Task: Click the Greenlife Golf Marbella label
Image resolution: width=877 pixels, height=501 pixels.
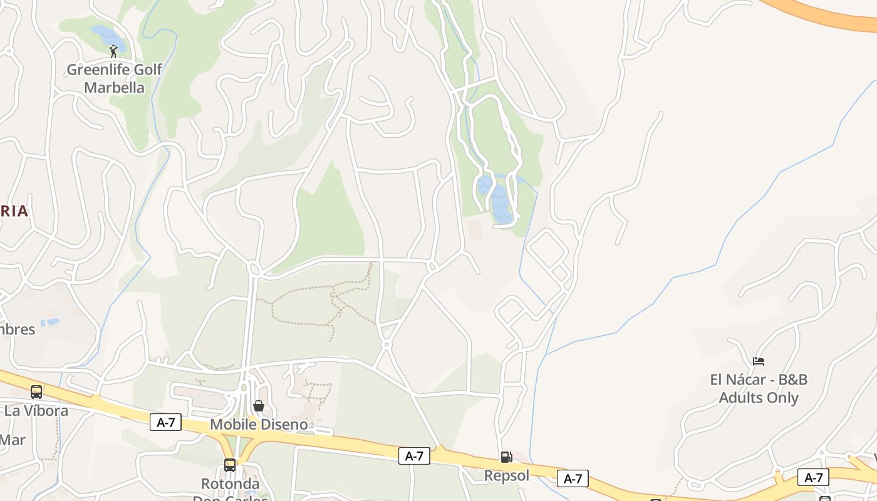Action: coord(114,78)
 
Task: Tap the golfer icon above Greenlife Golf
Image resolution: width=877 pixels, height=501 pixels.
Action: coord(113,51)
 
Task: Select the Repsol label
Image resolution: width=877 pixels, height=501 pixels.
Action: coord(506,475)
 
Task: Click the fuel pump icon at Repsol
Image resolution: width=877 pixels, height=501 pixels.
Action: coord(506,457)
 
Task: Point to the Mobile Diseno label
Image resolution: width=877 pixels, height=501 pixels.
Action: coord(259,424)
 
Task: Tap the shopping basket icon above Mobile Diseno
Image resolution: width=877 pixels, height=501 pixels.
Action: coord(259,406)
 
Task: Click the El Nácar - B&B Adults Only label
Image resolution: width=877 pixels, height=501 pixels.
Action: coord(759,388)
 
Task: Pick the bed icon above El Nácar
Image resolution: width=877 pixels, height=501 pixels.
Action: coord(759,361)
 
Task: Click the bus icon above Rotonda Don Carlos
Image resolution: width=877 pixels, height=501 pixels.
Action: coord(230,465)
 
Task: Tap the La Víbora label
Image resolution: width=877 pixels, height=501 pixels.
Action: coord(36,411)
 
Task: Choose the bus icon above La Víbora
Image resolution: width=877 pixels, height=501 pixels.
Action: coord(36,392)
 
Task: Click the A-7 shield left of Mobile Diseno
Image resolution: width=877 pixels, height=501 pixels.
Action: coord(165,422)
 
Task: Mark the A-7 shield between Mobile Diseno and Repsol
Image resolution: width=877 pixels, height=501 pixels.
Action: coord(414,456)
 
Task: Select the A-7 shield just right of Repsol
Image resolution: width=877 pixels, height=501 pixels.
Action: coord(573,478)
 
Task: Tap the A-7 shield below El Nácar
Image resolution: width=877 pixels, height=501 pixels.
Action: coord(813,477)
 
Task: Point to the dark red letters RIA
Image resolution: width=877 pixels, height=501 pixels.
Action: coord(14,211)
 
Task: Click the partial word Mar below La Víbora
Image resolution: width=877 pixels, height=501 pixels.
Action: coord(13,440)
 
